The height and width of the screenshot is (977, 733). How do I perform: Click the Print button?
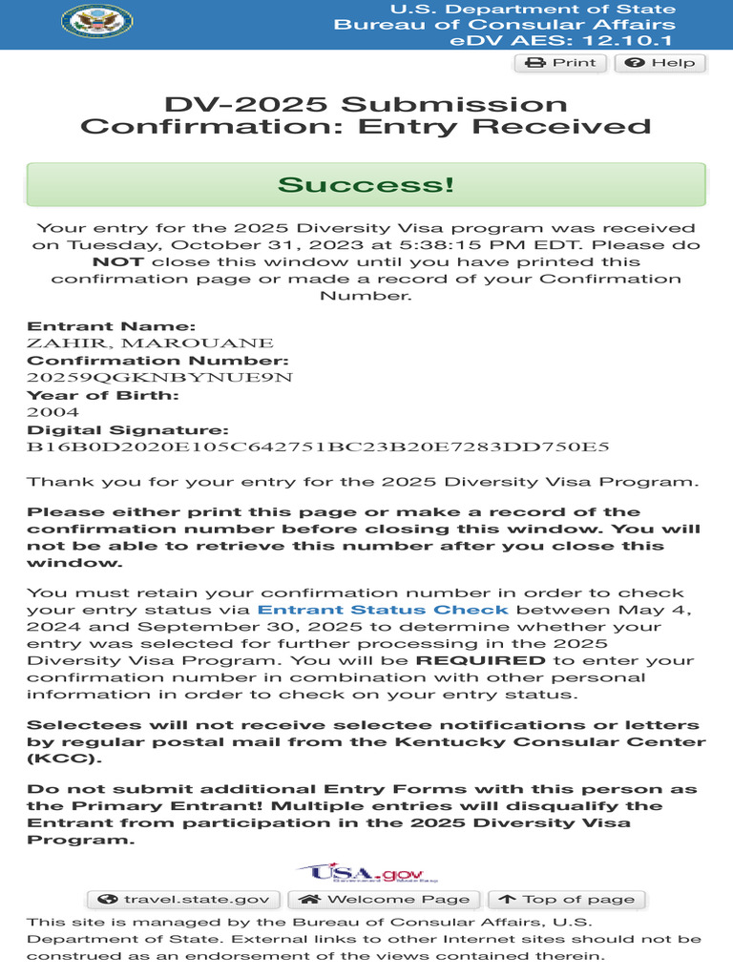tap(561, 63)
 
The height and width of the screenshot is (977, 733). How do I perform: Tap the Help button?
tap(660, 63)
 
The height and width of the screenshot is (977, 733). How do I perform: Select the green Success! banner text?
tap(366, 184)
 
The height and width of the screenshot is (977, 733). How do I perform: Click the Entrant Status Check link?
tap(383, 610)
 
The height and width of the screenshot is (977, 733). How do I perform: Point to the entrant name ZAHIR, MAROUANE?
tap(150, 343)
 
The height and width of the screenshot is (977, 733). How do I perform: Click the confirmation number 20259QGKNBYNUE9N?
tap(158, 378)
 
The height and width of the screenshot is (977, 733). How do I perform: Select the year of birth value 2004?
tap(47, 412)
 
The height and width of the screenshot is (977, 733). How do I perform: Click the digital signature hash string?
tap(317, 447)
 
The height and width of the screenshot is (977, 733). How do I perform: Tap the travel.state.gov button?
tap(184, 899)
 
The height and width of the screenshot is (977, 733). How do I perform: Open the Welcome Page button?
tap(386, 899)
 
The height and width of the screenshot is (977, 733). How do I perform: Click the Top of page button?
tap(567, 899)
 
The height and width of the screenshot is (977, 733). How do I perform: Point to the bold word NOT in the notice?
tap(118, 261)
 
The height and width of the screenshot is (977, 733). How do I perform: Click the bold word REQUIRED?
tap(481, 660)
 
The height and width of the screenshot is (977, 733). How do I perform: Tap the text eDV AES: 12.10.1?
tap(562, 41)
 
